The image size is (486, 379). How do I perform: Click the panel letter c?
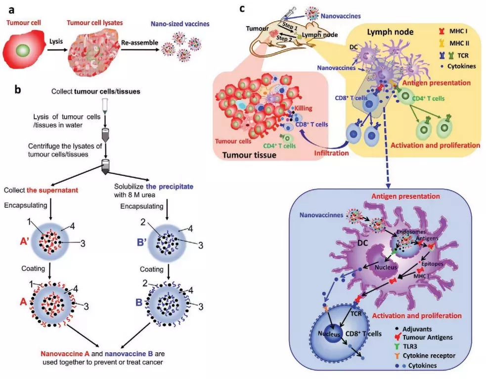click(242, 8)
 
